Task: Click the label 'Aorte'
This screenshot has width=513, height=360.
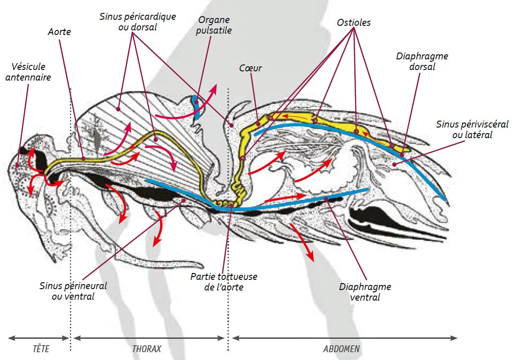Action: [x=59, y=32]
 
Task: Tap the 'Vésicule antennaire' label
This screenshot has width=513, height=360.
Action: [x=29, y=72]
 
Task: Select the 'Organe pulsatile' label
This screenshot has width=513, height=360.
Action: [x=213, y=25]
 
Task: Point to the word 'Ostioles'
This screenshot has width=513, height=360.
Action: [x=354, y=23]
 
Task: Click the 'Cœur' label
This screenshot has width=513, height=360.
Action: [x=251, y=68]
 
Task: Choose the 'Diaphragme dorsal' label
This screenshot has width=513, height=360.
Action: [x=422, y=61]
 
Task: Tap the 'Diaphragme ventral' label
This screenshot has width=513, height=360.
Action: [x=365, y=292]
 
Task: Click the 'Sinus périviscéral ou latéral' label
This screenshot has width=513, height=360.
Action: [x=473, y=129]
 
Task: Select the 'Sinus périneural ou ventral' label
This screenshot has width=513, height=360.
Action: [x=73, y=291]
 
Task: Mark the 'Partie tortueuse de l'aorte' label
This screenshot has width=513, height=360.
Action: [x=224, y=282]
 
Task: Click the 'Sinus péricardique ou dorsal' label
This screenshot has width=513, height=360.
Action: [x=138, y=22]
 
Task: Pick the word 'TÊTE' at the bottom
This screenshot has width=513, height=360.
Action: [x=41, y=348]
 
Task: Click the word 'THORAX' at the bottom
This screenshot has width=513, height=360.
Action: [x=147, y=348]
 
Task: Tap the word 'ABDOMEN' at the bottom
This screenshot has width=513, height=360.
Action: [x=341, y=348]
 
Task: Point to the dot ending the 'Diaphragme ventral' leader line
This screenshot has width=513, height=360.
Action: [x=326, y=199]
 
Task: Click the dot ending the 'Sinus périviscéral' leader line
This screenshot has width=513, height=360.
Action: [x=395, y=164]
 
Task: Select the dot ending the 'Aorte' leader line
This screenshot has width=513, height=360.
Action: [x=83, y=158]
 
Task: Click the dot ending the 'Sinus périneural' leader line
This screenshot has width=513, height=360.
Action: [x=184, y=201]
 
